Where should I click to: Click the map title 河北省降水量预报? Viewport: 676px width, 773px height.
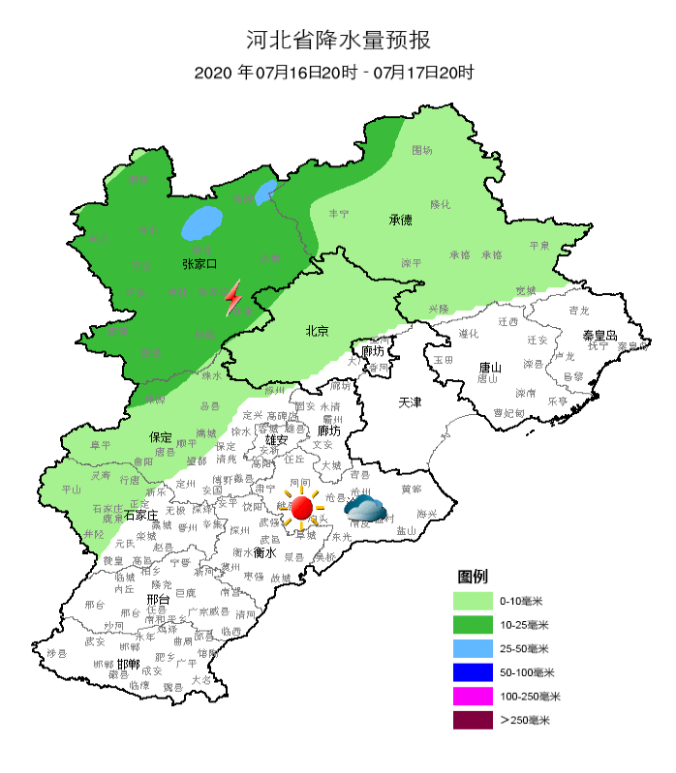coord(337,41)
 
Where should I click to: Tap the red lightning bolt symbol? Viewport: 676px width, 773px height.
coord(233,299)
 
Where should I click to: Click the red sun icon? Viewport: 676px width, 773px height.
coord(301,506)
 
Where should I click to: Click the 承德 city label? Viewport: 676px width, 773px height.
coord(401,220)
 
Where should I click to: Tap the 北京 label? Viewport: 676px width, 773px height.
coord(317,331)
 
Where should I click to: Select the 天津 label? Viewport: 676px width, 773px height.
coord(412,401)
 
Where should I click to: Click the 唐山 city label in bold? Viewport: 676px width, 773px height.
coord(491,368)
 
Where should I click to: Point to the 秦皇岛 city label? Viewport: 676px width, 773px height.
coord(599,335)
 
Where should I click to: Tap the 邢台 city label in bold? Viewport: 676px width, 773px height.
coord(158,600)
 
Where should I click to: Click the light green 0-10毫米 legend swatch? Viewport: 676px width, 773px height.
coord(473,601)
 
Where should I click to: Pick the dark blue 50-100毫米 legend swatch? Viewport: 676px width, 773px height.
coord(473,672)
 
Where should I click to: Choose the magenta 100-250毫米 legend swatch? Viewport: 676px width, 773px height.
coord(473,697)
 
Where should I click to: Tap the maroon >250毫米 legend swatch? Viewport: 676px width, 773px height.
coord(473,721)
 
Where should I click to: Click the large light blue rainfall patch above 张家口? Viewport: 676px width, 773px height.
coord(201,223)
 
